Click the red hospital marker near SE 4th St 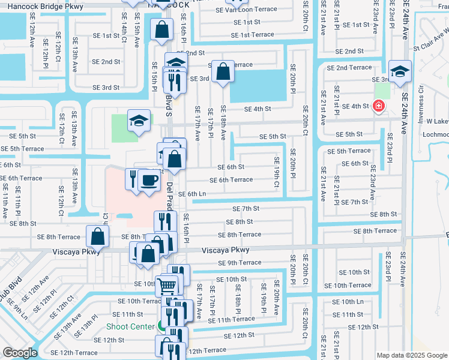click(378, 106)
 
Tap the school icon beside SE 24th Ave click(400, 71)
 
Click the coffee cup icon click(149, 179)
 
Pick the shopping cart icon click(166, 286)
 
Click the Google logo click(20, 353)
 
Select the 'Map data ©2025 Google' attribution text click(411, 355)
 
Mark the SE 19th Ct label click(277, 172)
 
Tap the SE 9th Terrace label click(240, 263)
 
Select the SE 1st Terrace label click(253, 35)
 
